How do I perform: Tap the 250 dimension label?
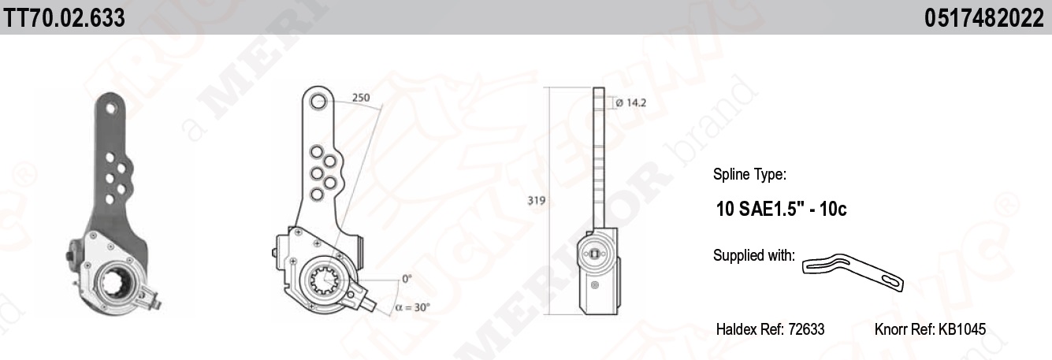point(361,98)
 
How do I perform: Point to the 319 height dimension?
point(536,200)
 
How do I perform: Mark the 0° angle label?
point(407,279)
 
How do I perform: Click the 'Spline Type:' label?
point(749,174)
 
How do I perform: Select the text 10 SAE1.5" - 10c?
point(781,210)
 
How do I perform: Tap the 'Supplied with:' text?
point(753,255)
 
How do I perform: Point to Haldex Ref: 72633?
point(770,329)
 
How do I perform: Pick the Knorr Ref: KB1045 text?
point(930,329)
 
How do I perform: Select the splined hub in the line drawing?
point(325,280)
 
